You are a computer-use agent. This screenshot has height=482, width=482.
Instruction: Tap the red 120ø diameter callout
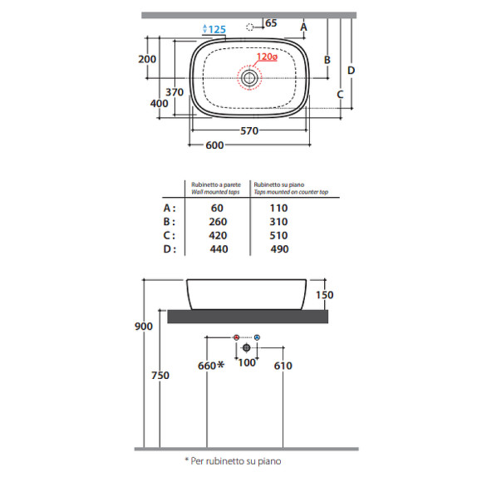click(x=267, y=57)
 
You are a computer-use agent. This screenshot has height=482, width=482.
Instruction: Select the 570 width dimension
click(x=249, y=131)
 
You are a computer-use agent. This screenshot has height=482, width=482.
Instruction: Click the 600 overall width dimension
click(x=214, y=145)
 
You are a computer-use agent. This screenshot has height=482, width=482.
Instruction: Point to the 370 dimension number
click(x=175, y=92)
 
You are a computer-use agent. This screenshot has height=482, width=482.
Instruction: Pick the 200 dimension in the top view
click(x=147, y=59)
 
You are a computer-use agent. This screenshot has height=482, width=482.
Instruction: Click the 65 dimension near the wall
click(x=271, y=23)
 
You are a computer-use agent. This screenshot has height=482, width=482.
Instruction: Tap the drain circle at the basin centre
click(x=249, y=78)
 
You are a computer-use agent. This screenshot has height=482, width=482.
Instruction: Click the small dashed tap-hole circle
click(x=250, y=27)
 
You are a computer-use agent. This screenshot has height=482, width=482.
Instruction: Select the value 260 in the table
click(x=218, y=222)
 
